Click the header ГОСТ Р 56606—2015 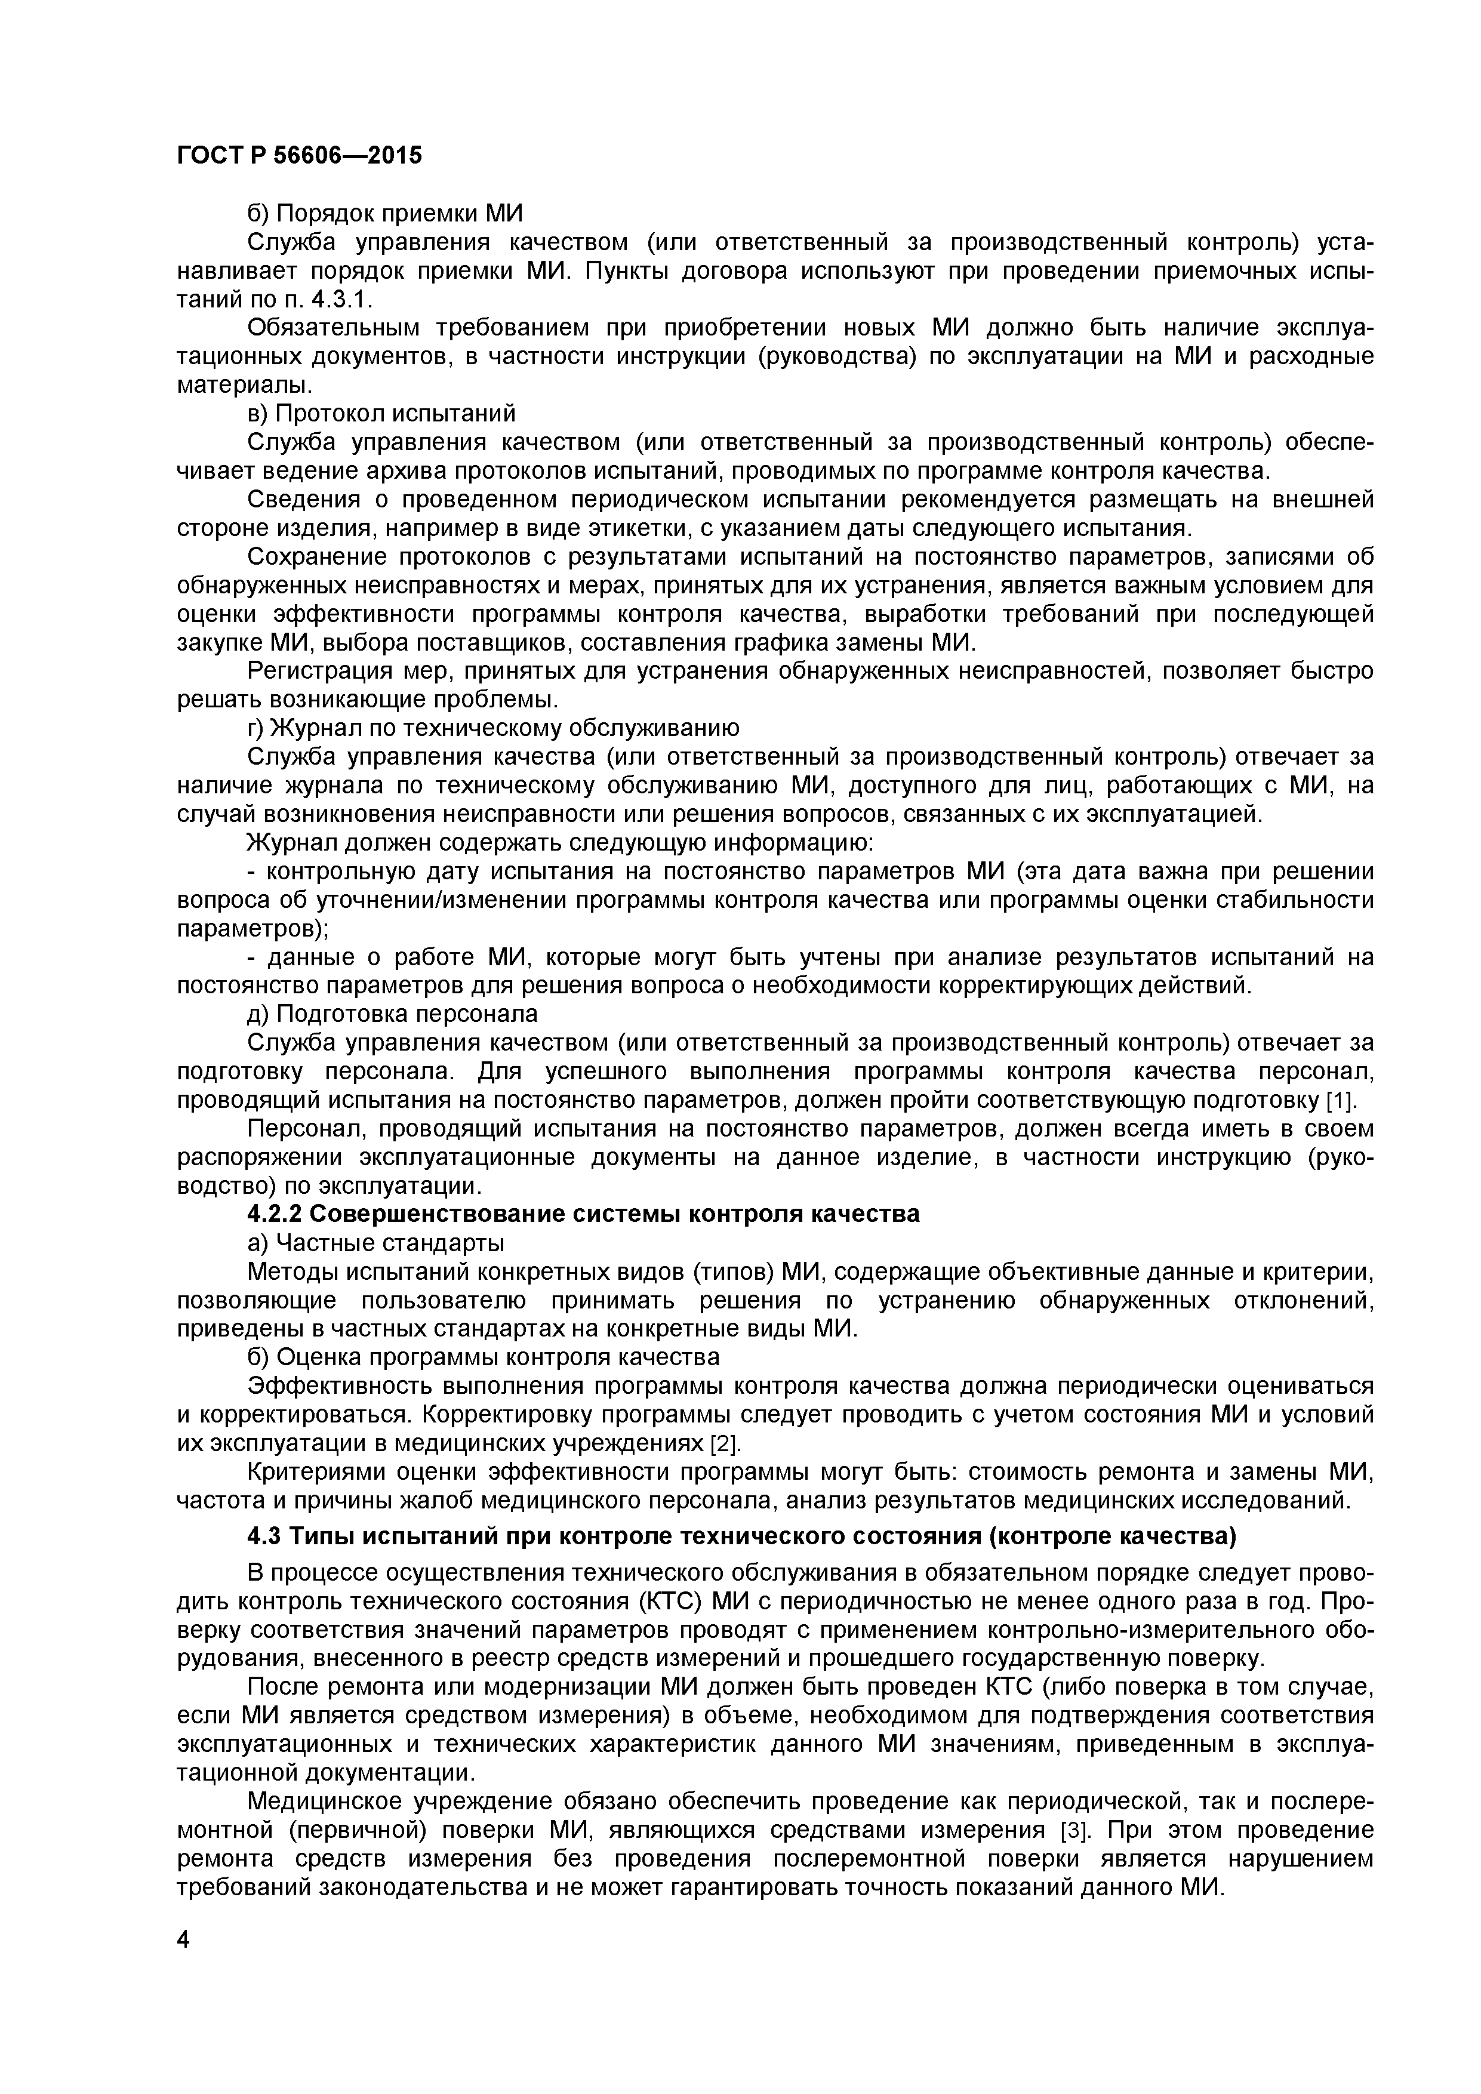299,156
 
